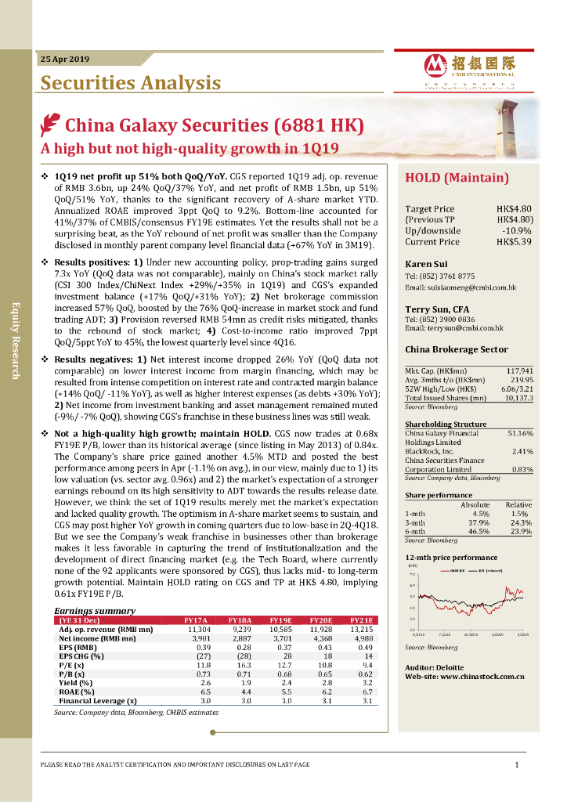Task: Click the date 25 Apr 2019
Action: [x=65, y=60]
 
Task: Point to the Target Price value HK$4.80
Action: [x=514, y=209]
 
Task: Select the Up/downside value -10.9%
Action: [x=517, y=231]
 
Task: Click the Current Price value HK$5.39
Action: [x=514, y=242]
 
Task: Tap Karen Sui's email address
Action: [x=460, y=288]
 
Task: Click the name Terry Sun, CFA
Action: [x=437, y=309]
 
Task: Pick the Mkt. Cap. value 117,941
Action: [x=519, y=370]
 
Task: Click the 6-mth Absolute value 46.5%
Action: [x=477, y=531]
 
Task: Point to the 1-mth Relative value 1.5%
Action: [x=522, y=514]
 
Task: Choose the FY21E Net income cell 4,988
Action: [x=361, y=639]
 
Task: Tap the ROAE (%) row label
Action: [x=77, y=692]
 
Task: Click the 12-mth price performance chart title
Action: [x=450, y=557]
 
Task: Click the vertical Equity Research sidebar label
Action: [x=15, y=340]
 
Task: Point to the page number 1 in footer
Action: [x=517, y=764]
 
